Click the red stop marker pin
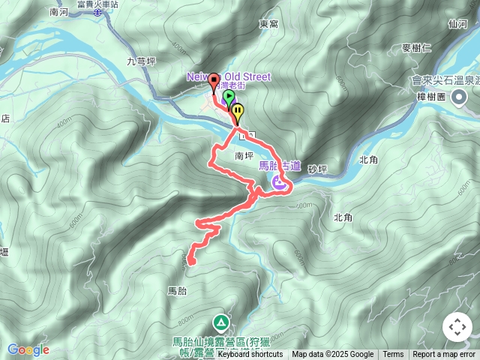click(214, 81)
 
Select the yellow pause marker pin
click(238, 112)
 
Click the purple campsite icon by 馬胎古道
click(278, 182)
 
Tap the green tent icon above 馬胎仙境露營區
click(221, 323)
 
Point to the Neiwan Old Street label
click(228, 76)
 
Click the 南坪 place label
click(244, 157)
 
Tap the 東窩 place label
click(268, 24)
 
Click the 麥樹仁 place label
click(416, 48)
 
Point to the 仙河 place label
click(457, 24)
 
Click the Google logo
click(28, 349)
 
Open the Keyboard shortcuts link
click(250, 355)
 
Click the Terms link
click(393, 355)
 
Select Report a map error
click(445, 355)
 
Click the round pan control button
click(457, 328)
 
